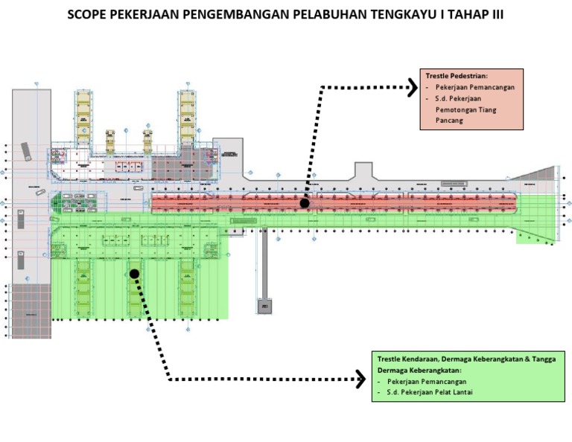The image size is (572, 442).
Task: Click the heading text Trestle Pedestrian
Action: tap(457, 76)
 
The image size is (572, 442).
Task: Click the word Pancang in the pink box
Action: tap(449, 121)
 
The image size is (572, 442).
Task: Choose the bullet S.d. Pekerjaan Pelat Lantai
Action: tap(430, 392)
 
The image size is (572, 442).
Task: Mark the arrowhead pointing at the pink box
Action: tap(412, 89)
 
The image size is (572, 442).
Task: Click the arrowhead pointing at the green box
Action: tap(360, 379)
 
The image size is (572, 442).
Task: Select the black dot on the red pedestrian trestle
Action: tap(305, 203)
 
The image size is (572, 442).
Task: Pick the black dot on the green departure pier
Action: tap(134, 274)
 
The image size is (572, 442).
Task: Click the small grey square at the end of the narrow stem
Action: tap(264, 306)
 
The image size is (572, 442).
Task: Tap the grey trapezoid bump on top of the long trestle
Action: tap(363, 171)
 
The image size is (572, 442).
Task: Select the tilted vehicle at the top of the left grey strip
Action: tap(26, 151)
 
